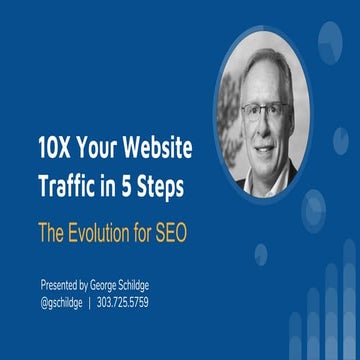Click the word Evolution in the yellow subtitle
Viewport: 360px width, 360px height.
pos(104,232)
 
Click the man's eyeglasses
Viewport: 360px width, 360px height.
pos(267,109)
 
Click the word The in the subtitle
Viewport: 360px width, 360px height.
pos(52,232)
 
